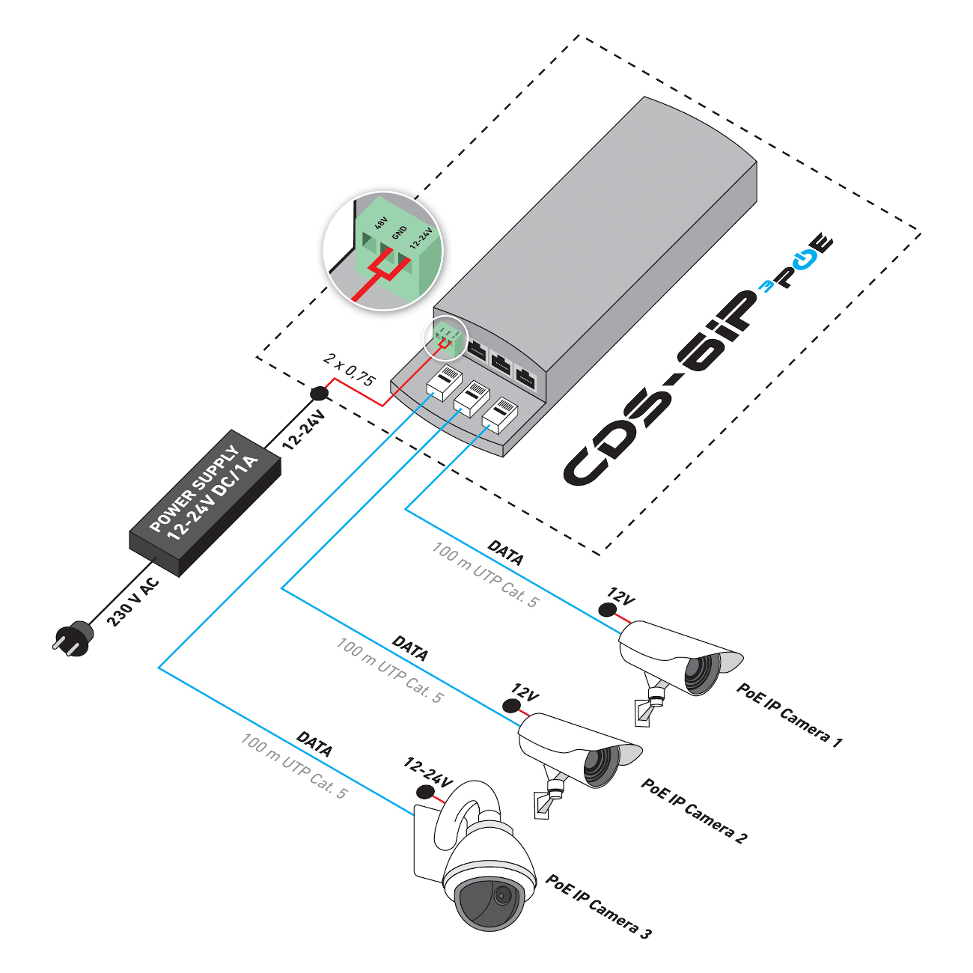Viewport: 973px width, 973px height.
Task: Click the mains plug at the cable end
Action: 73,639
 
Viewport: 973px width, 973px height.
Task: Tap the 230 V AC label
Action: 132,602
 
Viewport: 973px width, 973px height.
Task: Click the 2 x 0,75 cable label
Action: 349,369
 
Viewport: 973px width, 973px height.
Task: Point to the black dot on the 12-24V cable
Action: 319,393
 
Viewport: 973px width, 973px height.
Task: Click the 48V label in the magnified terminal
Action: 381,222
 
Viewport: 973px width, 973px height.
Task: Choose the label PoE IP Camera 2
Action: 694,811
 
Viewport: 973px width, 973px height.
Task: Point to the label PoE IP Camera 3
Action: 598,906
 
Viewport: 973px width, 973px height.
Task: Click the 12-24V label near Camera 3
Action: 428,772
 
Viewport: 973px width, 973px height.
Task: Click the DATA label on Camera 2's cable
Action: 410,648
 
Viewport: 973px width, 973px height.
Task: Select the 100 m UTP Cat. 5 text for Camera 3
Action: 294,766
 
